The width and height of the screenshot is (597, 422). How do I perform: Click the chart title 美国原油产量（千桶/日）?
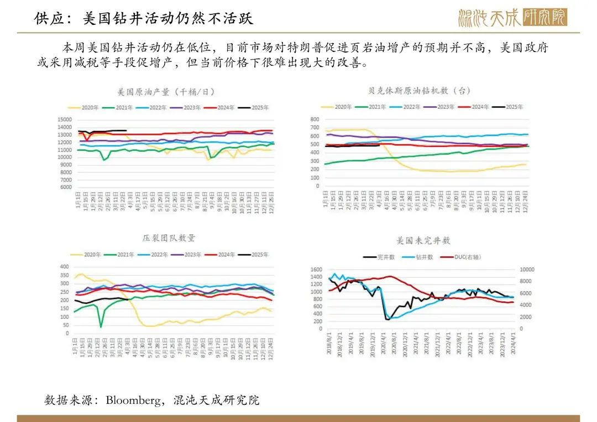point(166,92)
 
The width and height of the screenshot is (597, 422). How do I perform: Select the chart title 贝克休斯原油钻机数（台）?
point(419,91)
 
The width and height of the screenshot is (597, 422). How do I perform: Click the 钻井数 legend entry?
point(426,257)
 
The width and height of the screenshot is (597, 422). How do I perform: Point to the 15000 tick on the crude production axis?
point(65,119)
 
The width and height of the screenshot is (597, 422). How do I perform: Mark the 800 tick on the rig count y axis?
point(315,119)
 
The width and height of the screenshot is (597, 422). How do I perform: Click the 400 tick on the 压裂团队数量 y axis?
point(64,267)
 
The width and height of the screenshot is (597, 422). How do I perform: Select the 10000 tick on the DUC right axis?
point(526,270)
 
